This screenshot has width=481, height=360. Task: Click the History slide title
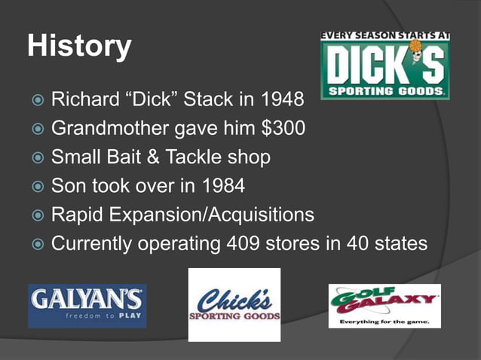click(79, 46)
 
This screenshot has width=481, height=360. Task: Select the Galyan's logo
click(87, 306)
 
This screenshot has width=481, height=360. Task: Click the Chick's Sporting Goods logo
click(234, 305)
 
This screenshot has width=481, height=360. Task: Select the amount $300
click(282, 129)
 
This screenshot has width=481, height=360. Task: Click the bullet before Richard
click(36, 100)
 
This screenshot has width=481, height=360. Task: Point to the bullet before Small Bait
click(36, 158)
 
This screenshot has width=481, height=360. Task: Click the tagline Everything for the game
click(384, 322)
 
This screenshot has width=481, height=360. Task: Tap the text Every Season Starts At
click(384, 35)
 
